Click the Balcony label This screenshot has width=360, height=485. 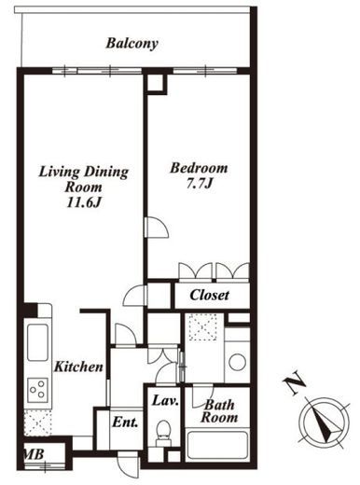tap(132, 44)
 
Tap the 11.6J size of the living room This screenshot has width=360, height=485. tap(84, 202)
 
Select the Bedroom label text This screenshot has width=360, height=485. tap(199, 168)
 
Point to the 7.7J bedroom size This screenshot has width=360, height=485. tap(200, 184)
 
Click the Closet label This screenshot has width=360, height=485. tap(210, 295)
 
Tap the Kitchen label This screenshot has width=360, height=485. tap(78, 367)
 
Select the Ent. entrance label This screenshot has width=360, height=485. tap(125, 423)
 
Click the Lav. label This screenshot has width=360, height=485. tap(165, 400)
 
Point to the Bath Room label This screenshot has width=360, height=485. tap(219, 411)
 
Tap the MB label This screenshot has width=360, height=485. tap(34, 454)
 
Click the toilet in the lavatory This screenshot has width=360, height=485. tap(163, 433)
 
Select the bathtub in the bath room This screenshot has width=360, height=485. tap(217, 445)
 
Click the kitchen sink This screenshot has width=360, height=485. tap(37, 342)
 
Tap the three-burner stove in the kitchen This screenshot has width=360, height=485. tap(37, 390)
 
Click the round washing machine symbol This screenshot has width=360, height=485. tap(238, 362)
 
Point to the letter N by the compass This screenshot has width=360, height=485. tap(294, 382)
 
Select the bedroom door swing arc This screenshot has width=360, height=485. tap(158, 228)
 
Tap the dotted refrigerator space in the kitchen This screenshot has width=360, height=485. tap(37, 423)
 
